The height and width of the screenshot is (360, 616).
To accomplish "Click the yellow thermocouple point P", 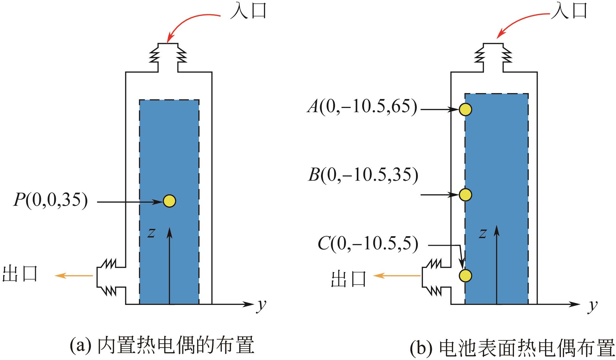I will pyautogui.click(x=170, y=201).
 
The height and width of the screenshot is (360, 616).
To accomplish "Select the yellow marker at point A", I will pyautogui.click(x=465, y=110).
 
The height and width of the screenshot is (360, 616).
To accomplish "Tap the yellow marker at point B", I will pyautogui.click(x=465, y=195).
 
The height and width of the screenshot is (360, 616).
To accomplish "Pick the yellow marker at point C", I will pyautogui.click(x=465, y=275).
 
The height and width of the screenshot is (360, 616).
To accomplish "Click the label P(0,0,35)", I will pyautogui.click(x=50, y=200).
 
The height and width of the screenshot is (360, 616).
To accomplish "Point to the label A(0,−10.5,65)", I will pyautogui.click(x=362, y=107).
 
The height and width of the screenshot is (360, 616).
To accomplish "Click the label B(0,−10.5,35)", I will pyautogui.click(x=363, y=175).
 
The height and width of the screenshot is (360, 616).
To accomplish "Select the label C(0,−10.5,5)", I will pyautogui.click(x=368, y=244).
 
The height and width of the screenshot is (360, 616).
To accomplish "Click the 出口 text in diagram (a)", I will pyautogui.click(x=20, y=274).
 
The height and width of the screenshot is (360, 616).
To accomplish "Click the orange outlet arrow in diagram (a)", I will pyautogui.click(x=74, y=276).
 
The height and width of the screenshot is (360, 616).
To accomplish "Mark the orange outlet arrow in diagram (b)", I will pyautogui.click(x=397, y=276).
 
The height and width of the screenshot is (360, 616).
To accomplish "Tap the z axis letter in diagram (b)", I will pyautogui.click(x=483, y=234).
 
